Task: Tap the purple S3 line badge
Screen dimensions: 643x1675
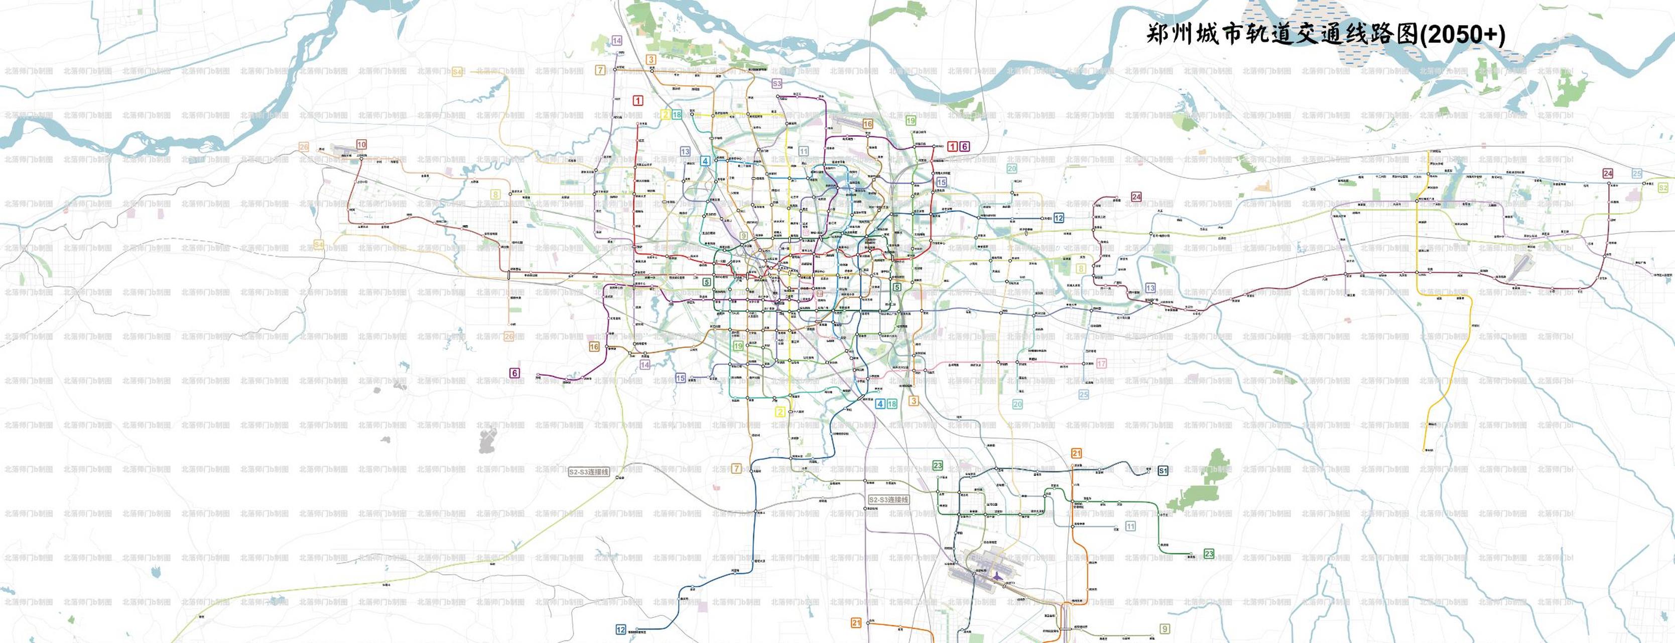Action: (777, 84)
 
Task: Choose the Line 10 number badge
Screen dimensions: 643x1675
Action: (361, 145)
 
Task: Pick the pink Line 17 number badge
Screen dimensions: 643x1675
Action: (1101, 364)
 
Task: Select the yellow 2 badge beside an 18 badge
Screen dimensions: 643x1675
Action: (665, 115)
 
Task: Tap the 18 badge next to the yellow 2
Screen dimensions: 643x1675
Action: (677, 115)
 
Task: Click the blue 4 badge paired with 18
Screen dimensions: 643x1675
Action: (880, 403)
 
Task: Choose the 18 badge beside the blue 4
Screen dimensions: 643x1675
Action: (892, 403)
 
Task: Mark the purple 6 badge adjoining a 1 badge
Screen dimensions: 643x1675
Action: (964, 146)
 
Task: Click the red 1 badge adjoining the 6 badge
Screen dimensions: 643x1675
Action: (953, 146)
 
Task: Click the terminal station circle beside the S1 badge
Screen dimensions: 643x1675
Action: (1148, 469)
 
